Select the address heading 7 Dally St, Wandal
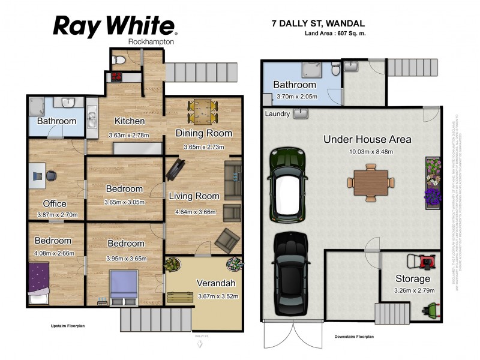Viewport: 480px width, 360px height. (x=319, y=24)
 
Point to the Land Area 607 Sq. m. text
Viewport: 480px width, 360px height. (x=335, y=34)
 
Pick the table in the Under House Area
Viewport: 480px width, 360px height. (x=371, y=181)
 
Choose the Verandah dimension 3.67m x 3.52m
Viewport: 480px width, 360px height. (x=218, y=296)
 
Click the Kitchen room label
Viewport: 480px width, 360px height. (x=130, y=121)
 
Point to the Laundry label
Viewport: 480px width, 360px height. (x=277, y=113)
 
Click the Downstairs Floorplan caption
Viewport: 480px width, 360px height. (x=354, y=337)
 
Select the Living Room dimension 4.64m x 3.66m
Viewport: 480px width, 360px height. (x=195, y=211)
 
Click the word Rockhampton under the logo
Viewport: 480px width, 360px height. (x=152, y=41)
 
